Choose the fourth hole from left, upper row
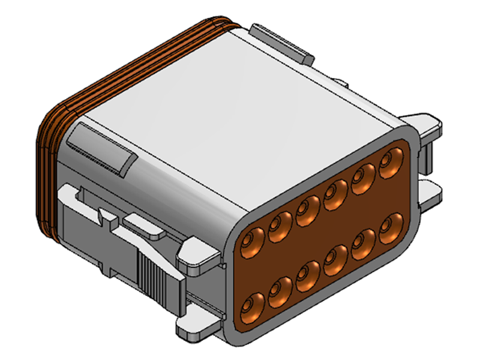point(334,195)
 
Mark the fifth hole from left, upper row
point(362,179)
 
